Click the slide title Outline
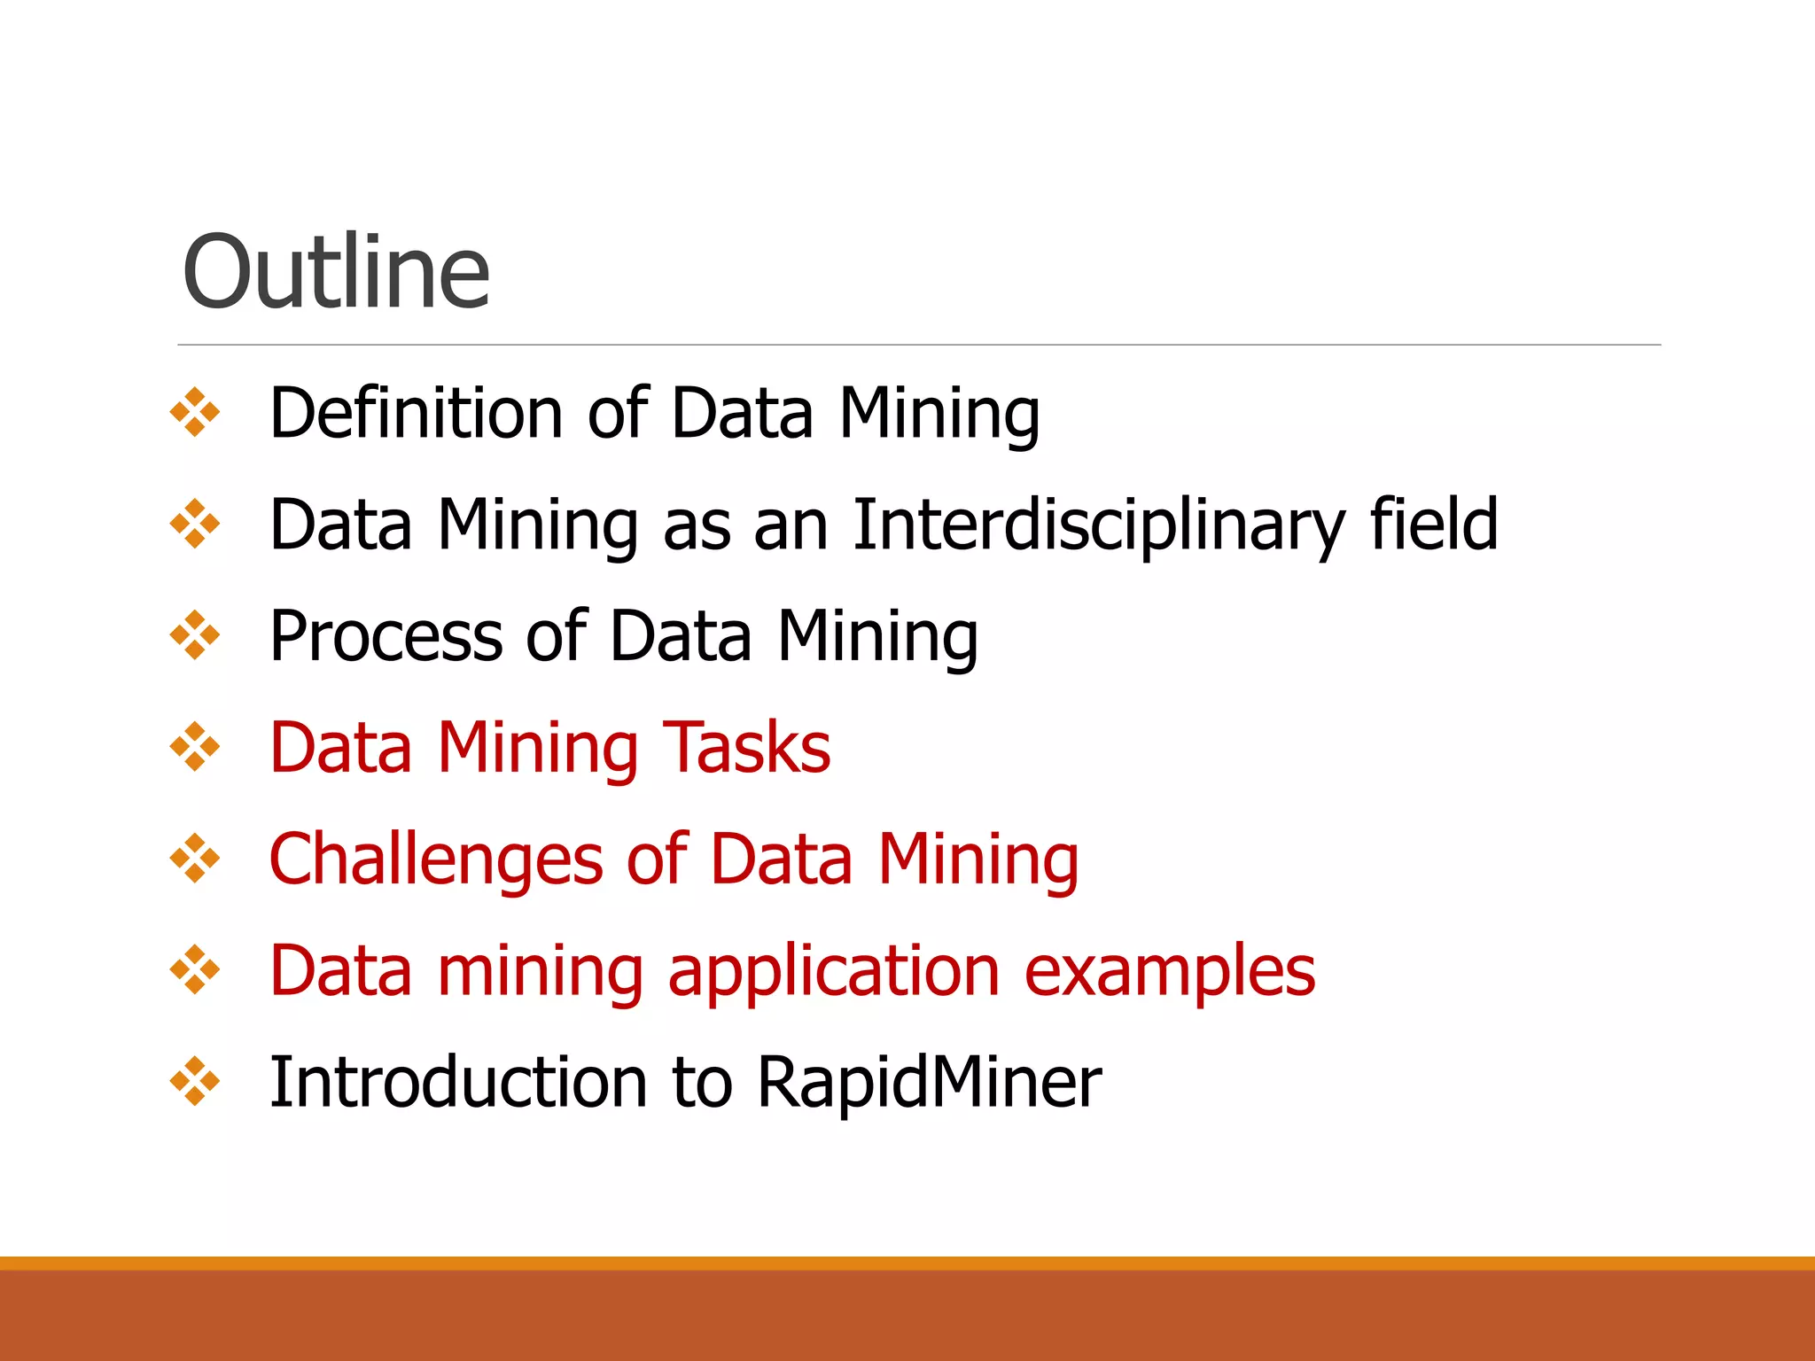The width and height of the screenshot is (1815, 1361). (x=335, y=272)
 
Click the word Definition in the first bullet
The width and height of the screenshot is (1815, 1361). (x=415, y=413)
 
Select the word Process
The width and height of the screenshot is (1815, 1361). (x=384, y=636)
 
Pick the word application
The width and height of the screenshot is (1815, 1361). (x=834, y=971)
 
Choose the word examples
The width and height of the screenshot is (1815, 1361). (x=1170, y=971)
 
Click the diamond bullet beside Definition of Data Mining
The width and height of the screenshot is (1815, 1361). (x=195, y=413)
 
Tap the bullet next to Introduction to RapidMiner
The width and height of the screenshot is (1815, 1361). (x=195, y=1082)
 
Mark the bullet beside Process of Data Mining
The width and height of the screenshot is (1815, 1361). (x=195, y=636)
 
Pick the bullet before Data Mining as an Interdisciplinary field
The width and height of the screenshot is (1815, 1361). (x=195, y=525)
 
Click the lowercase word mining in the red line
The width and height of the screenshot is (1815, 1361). (x=541, y=971)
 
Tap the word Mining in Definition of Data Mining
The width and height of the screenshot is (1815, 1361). (x=939, y=413)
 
